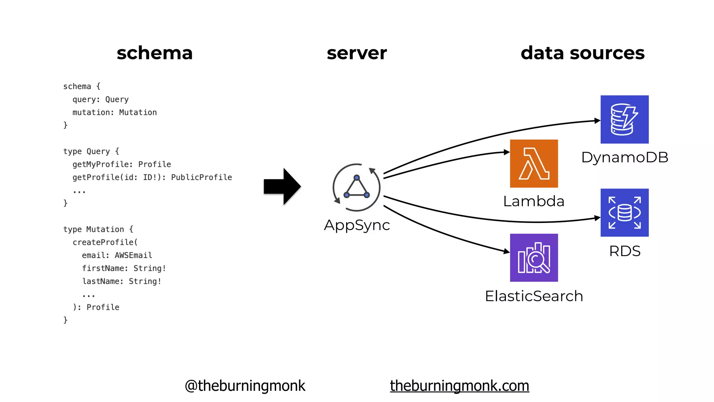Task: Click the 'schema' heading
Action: coord(154,53)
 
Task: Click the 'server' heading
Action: coord(357,53)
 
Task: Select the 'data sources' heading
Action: coord(582,53)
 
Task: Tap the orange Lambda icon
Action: coord(534,164)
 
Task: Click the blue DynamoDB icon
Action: coord(624,119)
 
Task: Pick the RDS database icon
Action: coord(624,213)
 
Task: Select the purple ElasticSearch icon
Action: coord(534,258)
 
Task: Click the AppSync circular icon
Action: coord(356,187)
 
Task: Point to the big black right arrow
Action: coord(282,186)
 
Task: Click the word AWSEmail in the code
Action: coord(133,255)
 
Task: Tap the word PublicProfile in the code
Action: coord(201,177)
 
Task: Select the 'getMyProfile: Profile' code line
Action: coord(121,164)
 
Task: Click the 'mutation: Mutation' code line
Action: coord(114,112)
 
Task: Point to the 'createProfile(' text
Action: coord(105,242)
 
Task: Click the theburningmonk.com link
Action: coord(459,386)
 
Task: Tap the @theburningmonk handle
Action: coord(245,386)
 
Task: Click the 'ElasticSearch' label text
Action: coord(534,296)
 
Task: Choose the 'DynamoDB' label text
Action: coord(624,157)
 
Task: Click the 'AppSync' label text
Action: coord(357,225)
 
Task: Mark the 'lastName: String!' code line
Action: coord(121,281)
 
